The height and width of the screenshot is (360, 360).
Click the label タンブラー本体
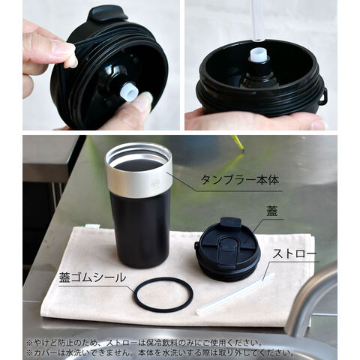point(240,180)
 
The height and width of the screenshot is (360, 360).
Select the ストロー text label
point(295,254)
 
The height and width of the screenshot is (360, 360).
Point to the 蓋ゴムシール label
point(92,277)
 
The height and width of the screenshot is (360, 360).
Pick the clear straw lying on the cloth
point(235,294)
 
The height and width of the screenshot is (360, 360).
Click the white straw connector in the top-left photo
point(128,91)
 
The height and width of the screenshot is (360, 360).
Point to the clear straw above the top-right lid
point(257,21)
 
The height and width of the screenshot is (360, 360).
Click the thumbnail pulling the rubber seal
point(65,49)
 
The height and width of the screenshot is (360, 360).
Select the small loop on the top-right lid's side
point(323,96)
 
